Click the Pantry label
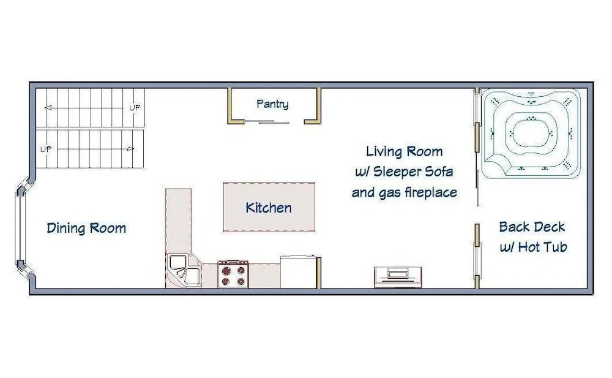[272, 104]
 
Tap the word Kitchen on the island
[269, 208]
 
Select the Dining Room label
[86, 228]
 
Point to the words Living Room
[405, 151]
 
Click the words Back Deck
[532, 227]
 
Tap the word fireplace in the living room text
[431, 192]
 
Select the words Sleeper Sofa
[413, 172]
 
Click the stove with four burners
[233, 274]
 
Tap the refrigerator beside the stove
[298, 272]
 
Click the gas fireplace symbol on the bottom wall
[398, 277]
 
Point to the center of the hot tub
[531, 133]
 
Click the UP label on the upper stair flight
[135, 107]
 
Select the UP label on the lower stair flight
[46, 149]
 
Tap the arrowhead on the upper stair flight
[48, 107]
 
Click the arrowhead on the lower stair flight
[131, 149]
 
